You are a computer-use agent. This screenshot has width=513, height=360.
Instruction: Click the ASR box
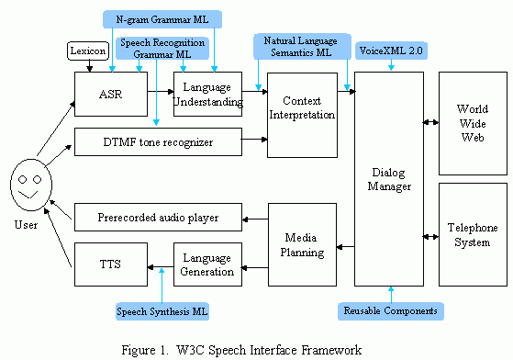(x=109, y=94)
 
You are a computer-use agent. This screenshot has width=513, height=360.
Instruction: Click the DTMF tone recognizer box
(x=157, y=141)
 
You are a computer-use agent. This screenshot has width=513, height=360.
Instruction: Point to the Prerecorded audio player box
(x=157, y=218)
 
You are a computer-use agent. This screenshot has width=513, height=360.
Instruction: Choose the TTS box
(x=109, y=265)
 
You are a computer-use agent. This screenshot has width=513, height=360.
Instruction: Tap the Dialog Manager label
(x=390, y=180)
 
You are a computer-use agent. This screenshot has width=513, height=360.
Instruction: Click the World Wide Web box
(x=473, y=122)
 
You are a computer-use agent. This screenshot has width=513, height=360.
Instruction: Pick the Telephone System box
(x=473, y=234)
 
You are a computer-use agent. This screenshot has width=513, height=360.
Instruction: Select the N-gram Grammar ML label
(x=162, y=17)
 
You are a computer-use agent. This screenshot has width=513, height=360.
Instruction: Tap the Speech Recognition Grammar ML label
(x=162, y=49)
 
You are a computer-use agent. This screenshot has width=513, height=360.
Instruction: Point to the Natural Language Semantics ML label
(x=300, y=47)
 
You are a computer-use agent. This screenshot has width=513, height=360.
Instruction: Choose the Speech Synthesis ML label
(x=162, y=312)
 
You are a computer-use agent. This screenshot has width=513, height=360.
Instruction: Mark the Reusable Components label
(x=390, y=311)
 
